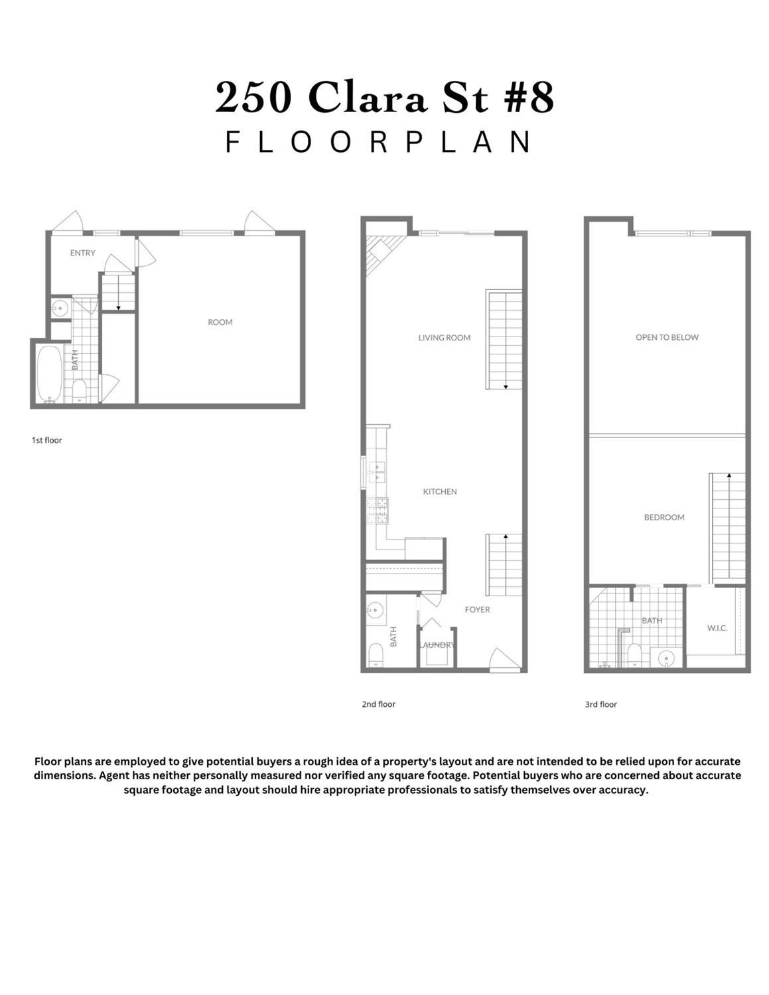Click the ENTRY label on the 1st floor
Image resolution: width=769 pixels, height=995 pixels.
[83, 253]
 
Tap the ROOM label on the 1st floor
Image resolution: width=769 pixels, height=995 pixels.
[220, 322]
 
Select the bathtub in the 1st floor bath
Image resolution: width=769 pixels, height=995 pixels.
[49, 373]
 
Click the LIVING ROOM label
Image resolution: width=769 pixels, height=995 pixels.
[444, 337]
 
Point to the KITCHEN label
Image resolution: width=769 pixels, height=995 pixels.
[440, 491]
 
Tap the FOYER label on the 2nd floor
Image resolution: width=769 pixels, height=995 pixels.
[477, 609]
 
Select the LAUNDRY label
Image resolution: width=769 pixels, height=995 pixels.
[437, 645]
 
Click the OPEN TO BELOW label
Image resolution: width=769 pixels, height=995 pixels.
[667, 337]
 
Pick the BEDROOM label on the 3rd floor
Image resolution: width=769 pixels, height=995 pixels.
[664, 517]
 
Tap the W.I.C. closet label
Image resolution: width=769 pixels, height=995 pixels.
[717, 628]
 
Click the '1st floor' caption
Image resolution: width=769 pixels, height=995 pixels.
[46, 440]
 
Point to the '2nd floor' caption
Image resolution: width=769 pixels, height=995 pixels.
[378, 704]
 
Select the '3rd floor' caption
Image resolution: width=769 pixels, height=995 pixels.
[600, 704]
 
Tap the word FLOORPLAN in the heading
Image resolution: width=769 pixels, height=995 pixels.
[379, 141]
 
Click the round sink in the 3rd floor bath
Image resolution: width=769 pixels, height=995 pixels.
[665, 658]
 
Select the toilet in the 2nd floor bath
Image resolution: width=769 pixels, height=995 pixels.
[376, 654]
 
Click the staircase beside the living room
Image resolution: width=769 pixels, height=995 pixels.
[504, 339]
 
